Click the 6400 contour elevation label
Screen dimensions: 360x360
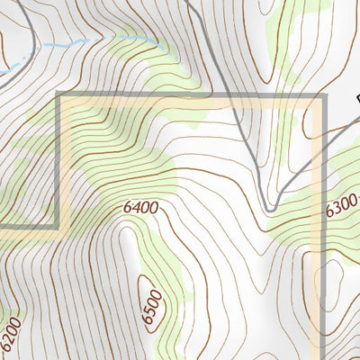pos(140,208)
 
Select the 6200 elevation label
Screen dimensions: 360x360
pos(9,334)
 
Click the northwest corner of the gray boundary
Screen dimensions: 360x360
pos(59,96)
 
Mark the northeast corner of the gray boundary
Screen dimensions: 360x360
pos(322,96)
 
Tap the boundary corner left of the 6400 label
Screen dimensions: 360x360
pos(59,225)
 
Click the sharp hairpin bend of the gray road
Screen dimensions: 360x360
pos(269,208)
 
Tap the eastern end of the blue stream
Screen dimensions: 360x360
pos(162,45)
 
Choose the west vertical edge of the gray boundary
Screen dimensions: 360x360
pos(59,162)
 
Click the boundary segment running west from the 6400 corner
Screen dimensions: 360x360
pos(27,225)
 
